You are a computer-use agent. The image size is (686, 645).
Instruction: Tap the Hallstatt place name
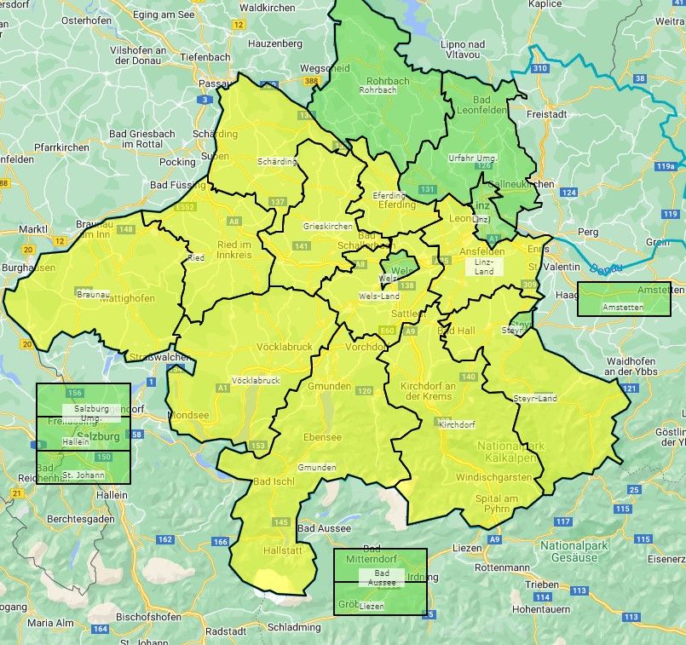pyautogui.click(x=277, y=552)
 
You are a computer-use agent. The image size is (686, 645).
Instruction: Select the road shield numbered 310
pyautogui.click(x=539, y=68)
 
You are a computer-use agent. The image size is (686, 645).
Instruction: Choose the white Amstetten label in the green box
pyautogui.click(x=623, y=307)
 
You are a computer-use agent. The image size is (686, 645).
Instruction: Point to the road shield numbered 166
pyautogui.click(x=221, y=542)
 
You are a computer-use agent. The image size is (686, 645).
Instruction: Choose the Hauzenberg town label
pyautogui.click(x=275, y=43)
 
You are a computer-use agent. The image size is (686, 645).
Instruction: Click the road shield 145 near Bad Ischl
pyautogui.click(x=281, y=521)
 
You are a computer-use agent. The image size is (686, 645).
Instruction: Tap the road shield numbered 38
pyautogui.click(x=639, y=78)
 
